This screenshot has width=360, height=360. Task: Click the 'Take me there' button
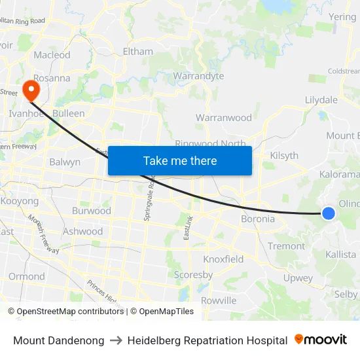click(180, 160)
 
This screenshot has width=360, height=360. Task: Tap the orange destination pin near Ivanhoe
click(30, 89)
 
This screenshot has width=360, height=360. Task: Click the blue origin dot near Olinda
click(329, 213)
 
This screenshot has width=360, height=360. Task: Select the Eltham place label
click(138, 51)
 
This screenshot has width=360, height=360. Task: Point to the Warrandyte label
click(198, 76)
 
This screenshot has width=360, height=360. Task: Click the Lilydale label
click(321, 99)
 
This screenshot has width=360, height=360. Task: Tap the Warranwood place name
click(224, 118)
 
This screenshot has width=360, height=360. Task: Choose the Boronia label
click(258, 219)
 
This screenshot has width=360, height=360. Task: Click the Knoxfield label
click(223, 259)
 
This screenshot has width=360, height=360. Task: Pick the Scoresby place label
click(193, 275)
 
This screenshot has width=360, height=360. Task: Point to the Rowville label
click(219, 300)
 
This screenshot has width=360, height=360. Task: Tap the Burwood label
click(92, 211)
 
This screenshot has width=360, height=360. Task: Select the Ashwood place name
click(83, 231)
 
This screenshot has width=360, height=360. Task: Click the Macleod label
click(52, 55)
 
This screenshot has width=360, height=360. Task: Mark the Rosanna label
click(52, 78)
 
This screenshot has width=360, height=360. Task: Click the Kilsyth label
click(284, 156)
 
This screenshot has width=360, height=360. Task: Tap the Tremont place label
click(286, 246)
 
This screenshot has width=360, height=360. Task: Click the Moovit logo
click(321, 340)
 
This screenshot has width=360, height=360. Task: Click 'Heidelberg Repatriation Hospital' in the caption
click(207, 340)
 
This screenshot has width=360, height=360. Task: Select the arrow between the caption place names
click(116, 340)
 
